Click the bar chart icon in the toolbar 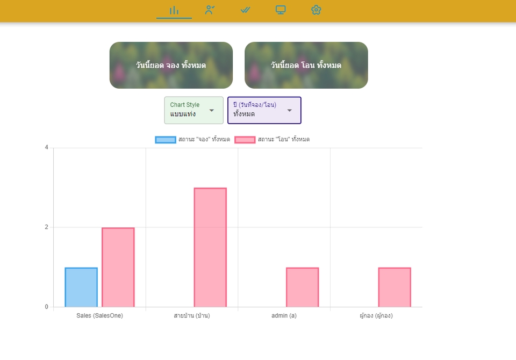pyautogui.click(x=174, y=11)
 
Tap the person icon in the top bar pyautogui.click(x=210, y=10)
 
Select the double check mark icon pyautogui.click(x=245, y=10)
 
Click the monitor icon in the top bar pyautogui.click(x=281, y=10)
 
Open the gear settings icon pyautogui.click(x=316, y=10)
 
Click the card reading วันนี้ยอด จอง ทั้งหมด pyautogui.click(x=171, y=65)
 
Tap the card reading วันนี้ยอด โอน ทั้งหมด pyautogui.click(x=306, y=65)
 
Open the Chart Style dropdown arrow pyautogui.click(x=212, y=111)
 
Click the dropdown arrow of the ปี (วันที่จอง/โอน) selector pyautogui.click(x=290, y=111)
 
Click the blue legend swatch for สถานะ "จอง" pyautogui.click(x=166, y=140)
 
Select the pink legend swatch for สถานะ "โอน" pyautogui.click(x=245, y=140)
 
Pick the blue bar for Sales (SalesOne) pyautogui.click(x=81, y=287)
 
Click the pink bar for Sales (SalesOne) pyautogui.click(x=118, y=267)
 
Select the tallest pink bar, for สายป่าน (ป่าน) pyautogui.click(x=210, y=248)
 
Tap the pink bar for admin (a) pyautogui.click(x=303, y=287)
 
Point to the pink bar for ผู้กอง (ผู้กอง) pyautogui.click(x=395, y=287)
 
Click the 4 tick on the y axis pyautogui.click(x=46, y=147)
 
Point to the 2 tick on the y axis pyautogui.click(x=46, y=227)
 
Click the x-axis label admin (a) pyautogui.click(x=284, y=315)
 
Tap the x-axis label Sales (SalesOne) pyautogui.click(x=100, y=315)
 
